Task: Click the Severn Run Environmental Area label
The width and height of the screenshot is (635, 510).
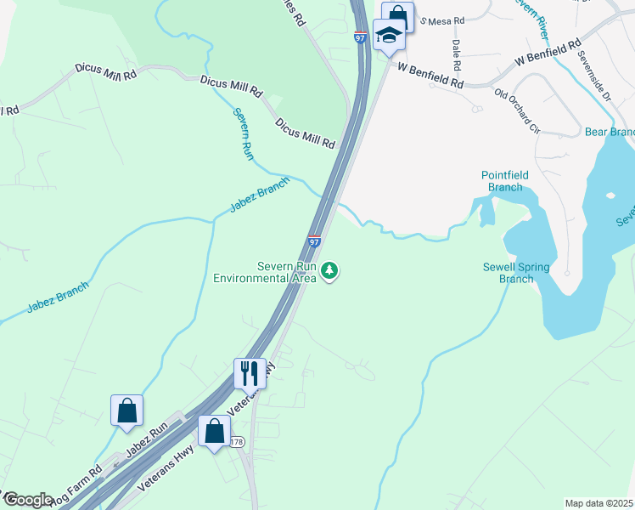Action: click(x=264, y=272)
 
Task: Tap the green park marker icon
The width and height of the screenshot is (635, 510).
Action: click(x=329, y=271)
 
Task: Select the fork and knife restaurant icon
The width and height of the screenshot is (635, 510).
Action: click(x=250, y=372)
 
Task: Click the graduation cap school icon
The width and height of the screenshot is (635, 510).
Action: click(x=389, y=35)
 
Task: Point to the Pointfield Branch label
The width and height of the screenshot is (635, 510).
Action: click(x=505, y=181)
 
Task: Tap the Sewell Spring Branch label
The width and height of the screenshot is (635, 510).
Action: click(x=516, y=273)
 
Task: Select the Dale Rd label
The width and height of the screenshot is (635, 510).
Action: click(x=457, y=54)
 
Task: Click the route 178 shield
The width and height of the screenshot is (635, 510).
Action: click(x=236, y=442)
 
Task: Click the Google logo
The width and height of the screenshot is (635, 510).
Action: click(x=28, y=500)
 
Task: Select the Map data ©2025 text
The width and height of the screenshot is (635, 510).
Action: click(x=598, y=503)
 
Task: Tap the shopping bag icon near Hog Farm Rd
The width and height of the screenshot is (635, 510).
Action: click(x=126, y=411)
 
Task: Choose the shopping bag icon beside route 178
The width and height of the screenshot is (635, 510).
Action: click(x=214, y=430)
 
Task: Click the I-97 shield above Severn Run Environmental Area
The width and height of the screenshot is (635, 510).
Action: click(x=314, y=241)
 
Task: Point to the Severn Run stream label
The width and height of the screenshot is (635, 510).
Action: click(x=244, y=134)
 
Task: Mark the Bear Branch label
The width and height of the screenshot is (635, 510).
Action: click(x=610, y=132)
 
